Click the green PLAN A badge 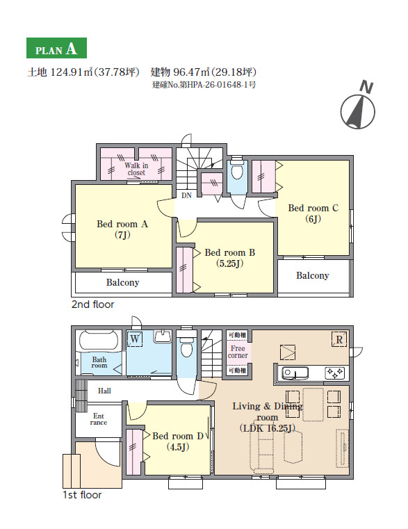click(56, 48)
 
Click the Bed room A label click(122, 229)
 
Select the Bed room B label click(230, 258)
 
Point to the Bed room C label click(313, 213)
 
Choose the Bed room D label click(178, 441)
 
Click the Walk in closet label click(136, 169)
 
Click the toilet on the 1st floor click(186, 344)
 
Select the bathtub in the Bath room click(99, 341)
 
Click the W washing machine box click(135, 339)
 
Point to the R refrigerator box click(339, 339)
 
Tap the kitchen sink click(295, 373)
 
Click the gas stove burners click(335, 373)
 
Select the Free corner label click(238, 352)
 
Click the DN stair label click(186, 195)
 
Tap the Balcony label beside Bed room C click(313, 276)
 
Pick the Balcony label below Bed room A click(122, 282)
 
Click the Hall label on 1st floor click(104, 391)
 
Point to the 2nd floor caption click(93, 304)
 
